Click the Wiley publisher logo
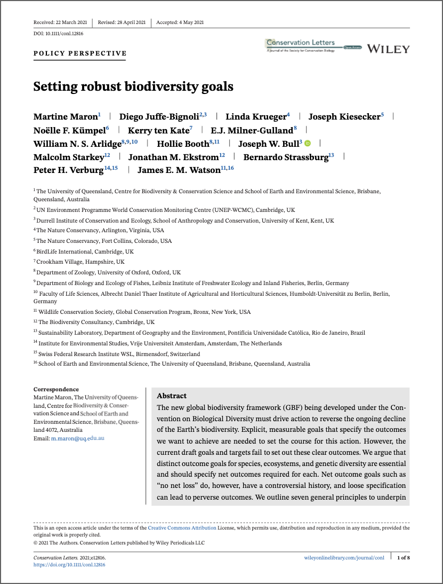(388, 49)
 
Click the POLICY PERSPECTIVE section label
(80, 53)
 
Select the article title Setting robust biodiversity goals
(133, 86)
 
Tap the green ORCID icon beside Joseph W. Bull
(307, 143)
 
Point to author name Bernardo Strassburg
(286, 156)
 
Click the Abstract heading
(172, 396)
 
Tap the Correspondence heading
(56, 389)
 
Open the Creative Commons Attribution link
(182, 527)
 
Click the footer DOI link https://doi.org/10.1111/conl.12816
(69, 564)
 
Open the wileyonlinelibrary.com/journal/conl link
(343, 557)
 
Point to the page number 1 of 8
(404, 557)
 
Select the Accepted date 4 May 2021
(180, 22)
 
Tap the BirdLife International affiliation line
(85, 251)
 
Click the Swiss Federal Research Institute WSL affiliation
(117, 353)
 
